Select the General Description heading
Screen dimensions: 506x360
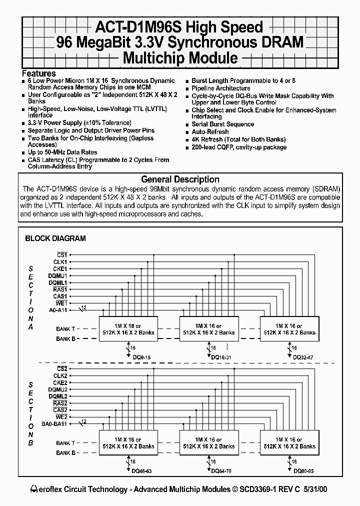tap(180, 179)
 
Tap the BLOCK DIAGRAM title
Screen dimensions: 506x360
tap(55, 238)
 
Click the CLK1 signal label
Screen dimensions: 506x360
tap(60, 261)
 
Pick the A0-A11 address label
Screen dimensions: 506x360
tap(58, 310)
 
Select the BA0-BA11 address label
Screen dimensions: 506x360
tap(55, 424)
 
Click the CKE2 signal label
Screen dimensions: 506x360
tap(60, 382)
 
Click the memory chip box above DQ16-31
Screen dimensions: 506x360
tap(209, 329)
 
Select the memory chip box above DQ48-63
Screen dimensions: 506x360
tap(129, 442)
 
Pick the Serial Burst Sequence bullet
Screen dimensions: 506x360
tap(223, 124)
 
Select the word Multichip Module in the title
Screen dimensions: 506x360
tap(180, 57)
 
